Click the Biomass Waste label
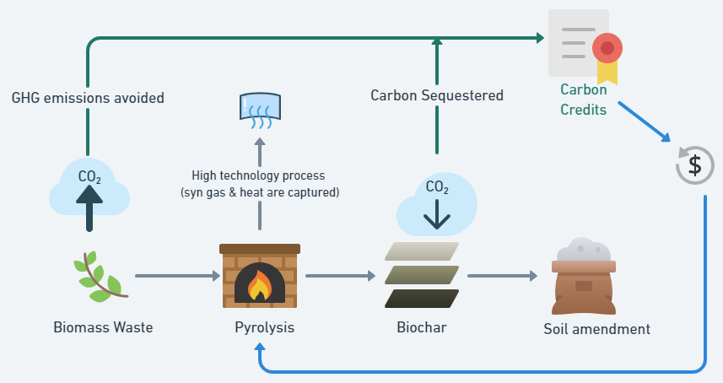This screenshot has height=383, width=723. [x=103, y=326]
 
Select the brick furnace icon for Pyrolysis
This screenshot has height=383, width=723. [x=259, y=275]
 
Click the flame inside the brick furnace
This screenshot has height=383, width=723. [x=259, y=285]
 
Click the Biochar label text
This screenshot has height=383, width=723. [x=421, y=326]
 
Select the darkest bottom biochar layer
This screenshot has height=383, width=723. [x=421, y=299]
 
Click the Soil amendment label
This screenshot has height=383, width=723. [x=596, y=328]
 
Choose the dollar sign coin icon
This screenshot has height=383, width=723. [x=694, y=165]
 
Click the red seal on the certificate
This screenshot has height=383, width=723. [x=607, y=48]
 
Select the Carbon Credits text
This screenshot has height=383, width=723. [x=583, y=99]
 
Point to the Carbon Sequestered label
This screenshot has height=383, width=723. [x=436, y=95]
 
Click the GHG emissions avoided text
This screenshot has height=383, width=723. [x=88, y=98]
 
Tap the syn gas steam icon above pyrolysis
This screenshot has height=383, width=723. [x=259, y=110]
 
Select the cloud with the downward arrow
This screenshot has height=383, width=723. [x=436, y=204]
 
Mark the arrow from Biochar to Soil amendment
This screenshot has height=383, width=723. [x=502, y=276]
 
